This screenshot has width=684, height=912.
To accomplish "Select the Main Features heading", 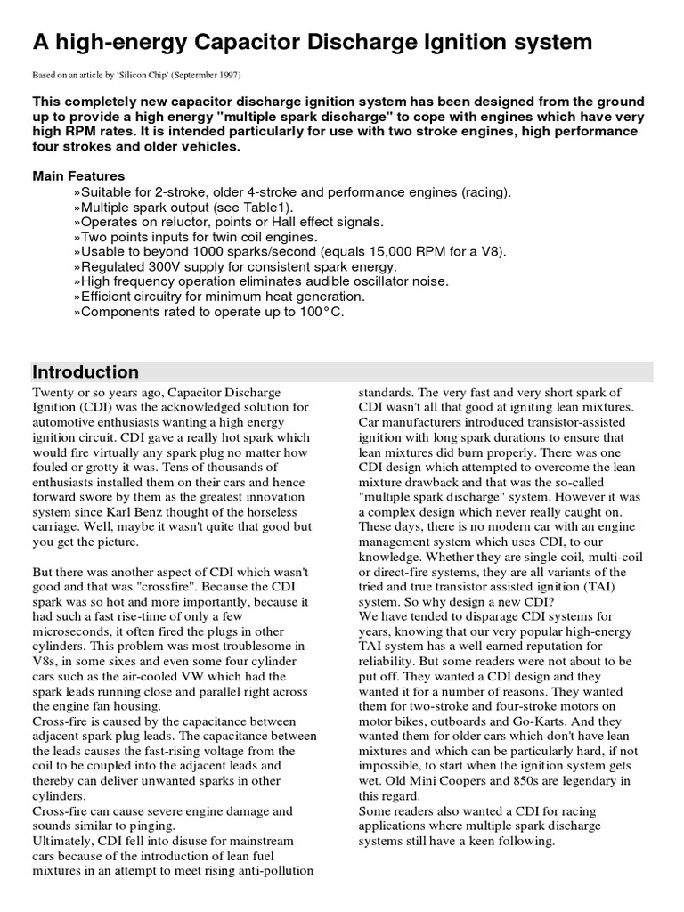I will coord(78,175).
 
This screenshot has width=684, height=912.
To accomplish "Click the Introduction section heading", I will coord(85,372).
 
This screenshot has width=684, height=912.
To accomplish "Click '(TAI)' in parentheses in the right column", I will coord(601,586).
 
